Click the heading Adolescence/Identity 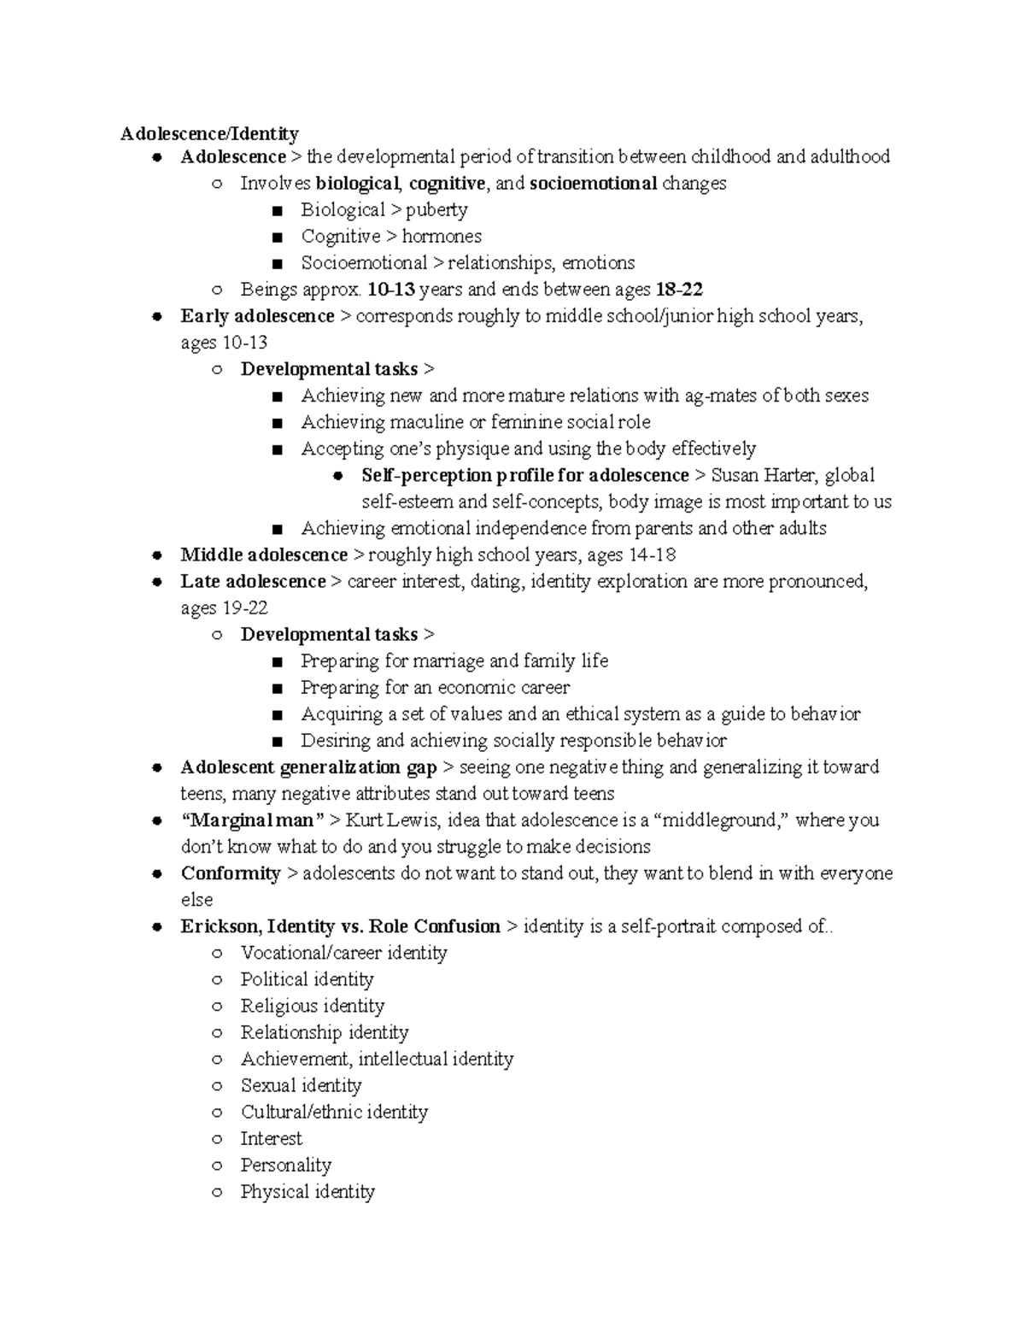[x=209, y=133]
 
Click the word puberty [x=436, y=209]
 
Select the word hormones [x=442, y=236]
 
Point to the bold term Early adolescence [x=257, y=316]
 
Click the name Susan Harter [x=763, y=475]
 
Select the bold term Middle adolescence [x=264, y=555]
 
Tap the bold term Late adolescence [x=253, y=581]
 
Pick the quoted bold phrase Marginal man [x=253, y=820]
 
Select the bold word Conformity [x=231, y=873]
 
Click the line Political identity [x=307, y=979]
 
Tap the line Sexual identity [x=301, y=1085]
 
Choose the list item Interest [x=271, y=1138]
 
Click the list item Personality [x=285, y=1165]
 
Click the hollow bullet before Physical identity [x=218, y=1192]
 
